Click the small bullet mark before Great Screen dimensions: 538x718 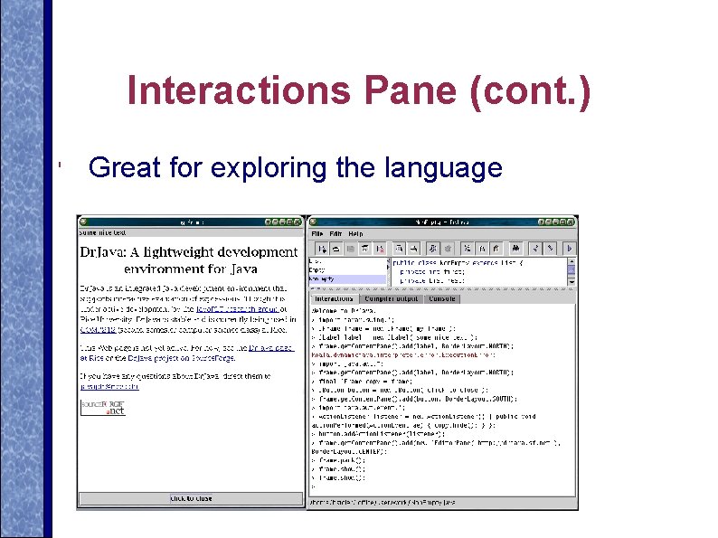tap(57, 165)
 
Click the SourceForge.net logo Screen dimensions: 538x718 tap(102, 406)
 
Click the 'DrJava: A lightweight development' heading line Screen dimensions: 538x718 tap(188, 252)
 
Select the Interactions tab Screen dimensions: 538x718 tap(334, 298)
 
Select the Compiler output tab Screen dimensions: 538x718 tap(392, 298)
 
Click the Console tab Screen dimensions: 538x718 tap(442, 298)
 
